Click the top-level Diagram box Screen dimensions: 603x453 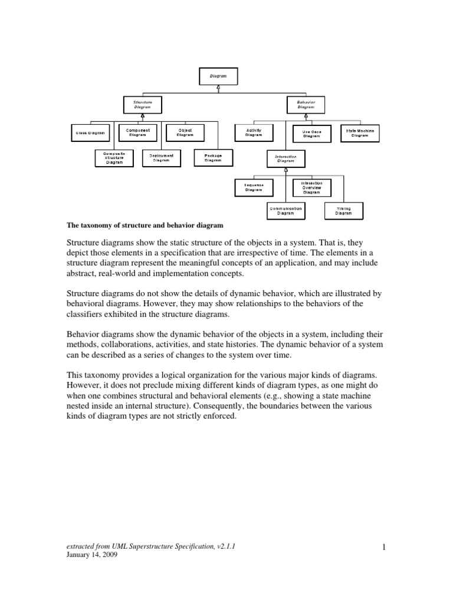click(218, 76)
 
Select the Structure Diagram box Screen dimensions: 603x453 click(142, 105)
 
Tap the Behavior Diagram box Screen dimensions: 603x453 click(306, 105)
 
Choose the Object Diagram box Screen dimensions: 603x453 click(185, 133)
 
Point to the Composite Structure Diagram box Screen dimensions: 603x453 click(114, 158)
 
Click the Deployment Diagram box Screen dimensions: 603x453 click(162, 158)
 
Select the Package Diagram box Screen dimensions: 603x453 click(213, 158)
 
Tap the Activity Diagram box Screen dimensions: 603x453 click(254, 133)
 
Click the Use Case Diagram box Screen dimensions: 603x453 click(311, 134)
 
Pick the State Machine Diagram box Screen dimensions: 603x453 click(360, 133)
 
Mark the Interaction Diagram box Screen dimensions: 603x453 click(285, 158)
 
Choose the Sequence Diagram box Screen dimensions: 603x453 click(254, 187)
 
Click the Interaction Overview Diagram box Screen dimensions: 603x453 click(311, 187)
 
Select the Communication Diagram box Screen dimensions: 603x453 click(285, 211)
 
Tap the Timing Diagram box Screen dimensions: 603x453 click(343, 211)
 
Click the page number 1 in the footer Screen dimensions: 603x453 click(383, 547)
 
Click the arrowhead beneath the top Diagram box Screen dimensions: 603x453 click(218, 87)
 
